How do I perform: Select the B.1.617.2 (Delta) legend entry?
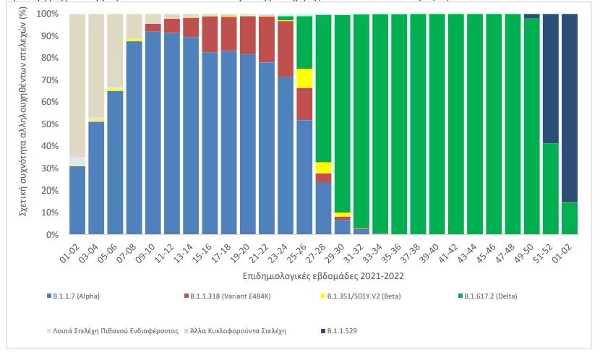click(x=492, y=296)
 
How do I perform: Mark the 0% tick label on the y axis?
click(x=53, y=235)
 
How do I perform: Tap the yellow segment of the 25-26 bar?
click(x=304, y=78)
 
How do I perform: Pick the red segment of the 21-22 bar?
click(x=267, y=39)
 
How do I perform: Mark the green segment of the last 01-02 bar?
click(x=570, y=218)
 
